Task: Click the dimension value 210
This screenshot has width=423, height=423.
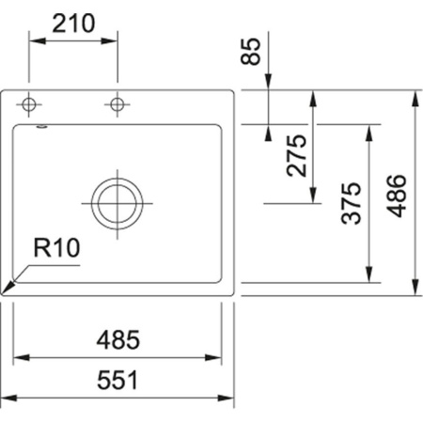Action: click(73, 23)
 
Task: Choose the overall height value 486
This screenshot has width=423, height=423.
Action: click(398, 196)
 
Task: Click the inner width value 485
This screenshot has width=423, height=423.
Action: click(119, 339)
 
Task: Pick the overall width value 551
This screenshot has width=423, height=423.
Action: click(119, 380)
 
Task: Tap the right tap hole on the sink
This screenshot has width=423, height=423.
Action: click(117, 102)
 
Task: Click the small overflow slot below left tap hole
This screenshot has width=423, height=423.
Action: click(40, 123)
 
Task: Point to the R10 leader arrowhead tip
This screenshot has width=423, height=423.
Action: click(6, 292)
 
